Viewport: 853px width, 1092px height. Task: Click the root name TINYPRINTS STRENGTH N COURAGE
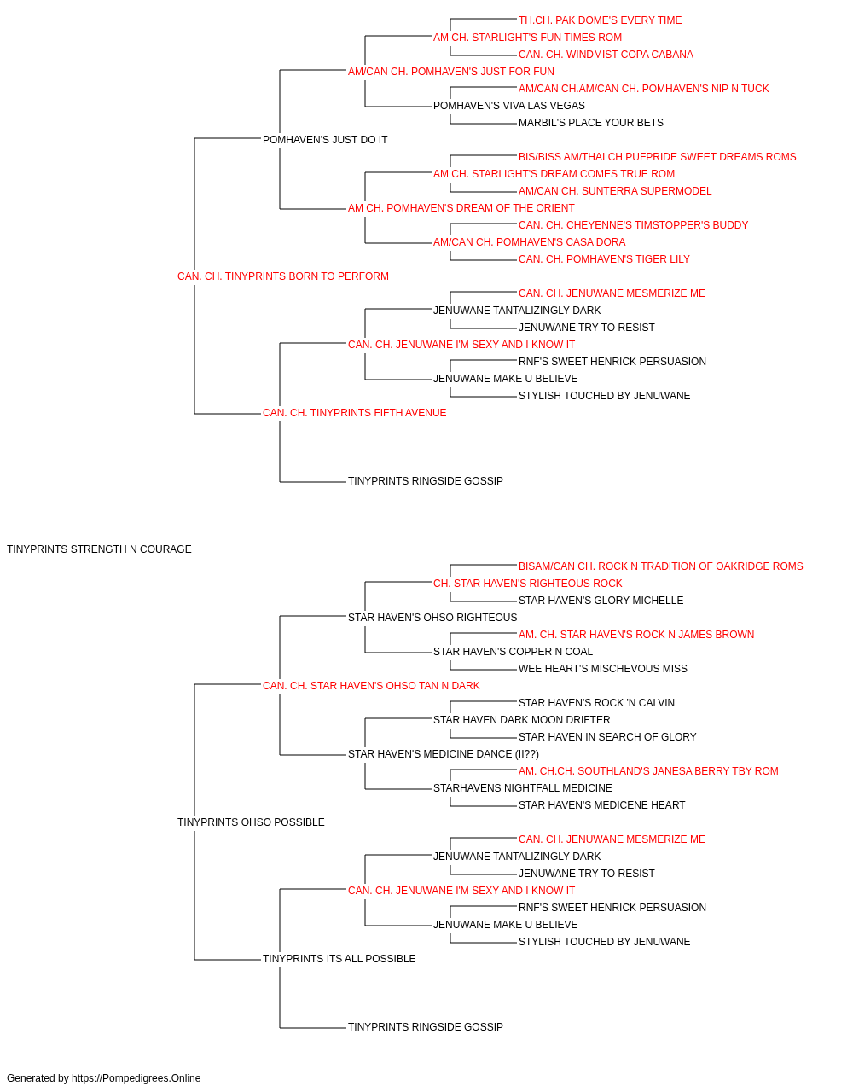point(99,549)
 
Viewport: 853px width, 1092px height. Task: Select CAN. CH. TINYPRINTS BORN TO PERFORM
point(283,276)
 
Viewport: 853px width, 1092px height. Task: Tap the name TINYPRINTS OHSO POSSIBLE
point(251,822)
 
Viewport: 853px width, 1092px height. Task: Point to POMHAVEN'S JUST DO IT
point(325,140)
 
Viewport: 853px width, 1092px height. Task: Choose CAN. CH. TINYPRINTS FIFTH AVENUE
point(354,413)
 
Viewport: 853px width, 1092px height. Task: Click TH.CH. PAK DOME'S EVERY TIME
point(600,20)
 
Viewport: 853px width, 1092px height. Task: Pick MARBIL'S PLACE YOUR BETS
point(591,123)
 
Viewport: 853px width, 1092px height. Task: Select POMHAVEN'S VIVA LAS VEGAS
point(509,106)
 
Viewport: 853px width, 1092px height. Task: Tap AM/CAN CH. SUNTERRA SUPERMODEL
point(615,191)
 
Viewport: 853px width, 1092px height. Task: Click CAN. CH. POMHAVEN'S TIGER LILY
point(604,259)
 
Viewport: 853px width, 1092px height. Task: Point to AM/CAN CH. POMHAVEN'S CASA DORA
point(530,242)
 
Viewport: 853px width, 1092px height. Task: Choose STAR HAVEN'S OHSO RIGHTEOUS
point(432,618)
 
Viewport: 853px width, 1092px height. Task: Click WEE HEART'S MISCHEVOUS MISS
point(603,669)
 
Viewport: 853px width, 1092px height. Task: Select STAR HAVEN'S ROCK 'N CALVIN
point(596,703)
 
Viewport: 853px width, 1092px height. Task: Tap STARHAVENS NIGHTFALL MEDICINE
point(522,788)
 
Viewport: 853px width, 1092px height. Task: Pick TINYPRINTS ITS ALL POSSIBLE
point(339,959)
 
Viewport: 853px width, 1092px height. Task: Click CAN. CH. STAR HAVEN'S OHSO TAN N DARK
point(371,686)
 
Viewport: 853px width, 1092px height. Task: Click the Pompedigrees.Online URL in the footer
point(136,1078)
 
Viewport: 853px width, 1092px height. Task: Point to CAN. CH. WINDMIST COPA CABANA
point(606,55)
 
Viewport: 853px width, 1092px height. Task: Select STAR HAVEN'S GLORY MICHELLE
point(601,601)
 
